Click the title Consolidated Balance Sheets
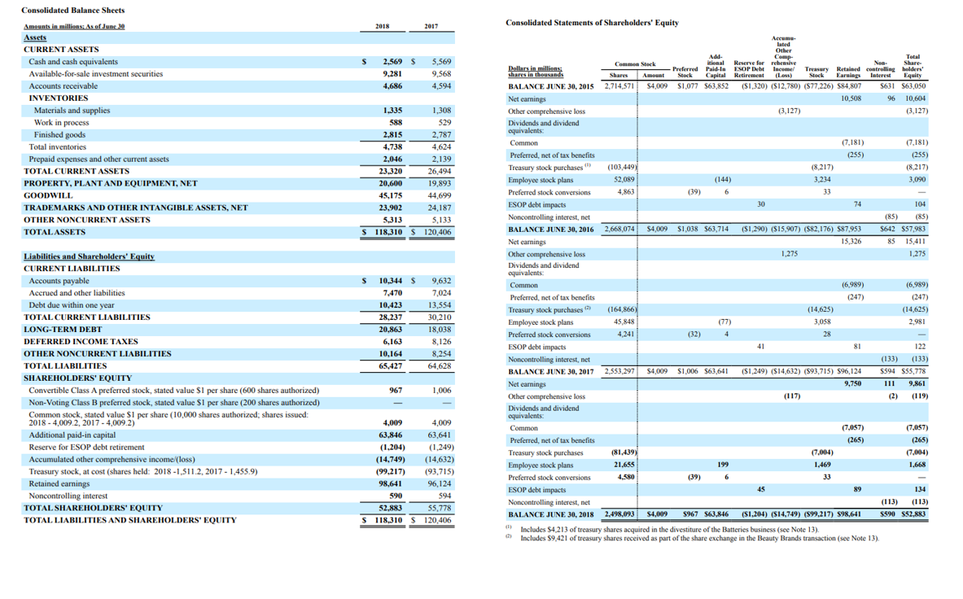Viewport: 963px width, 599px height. (73, 10)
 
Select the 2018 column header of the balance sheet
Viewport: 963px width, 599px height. (382, 26)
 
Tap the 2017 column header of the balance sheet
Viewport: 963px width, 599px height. (431, 26)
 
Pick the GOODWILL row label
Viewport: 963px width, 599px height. (48, 196)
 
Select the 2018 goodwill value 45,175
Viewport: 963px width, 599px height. (389, 196)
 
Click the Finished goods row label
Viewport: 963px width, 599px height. (59, 135)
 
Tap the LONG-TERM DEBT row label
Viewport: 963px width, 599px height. (58, 330)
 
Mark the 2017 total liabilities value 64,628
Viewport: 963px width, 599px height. (440, 366)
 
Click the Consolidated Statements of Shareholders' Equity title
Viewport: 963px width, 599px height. (592, 23)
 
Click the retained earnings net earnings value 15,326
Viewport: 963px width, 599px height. (851, 242)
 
